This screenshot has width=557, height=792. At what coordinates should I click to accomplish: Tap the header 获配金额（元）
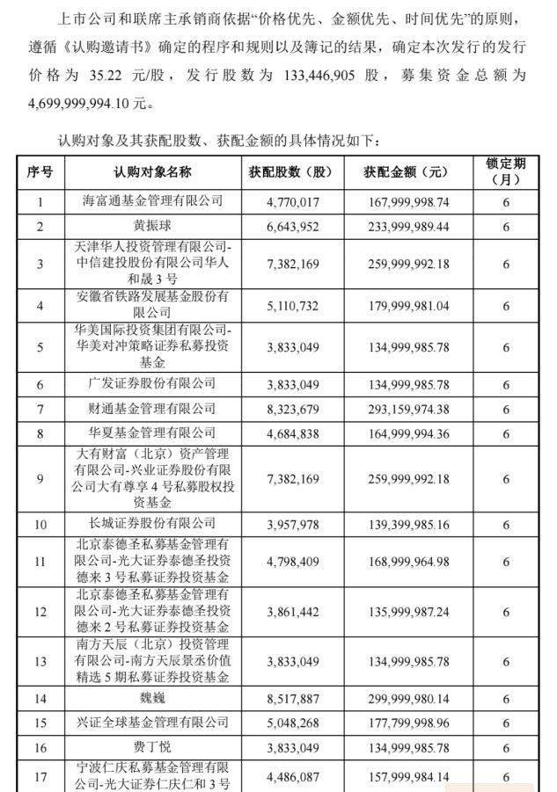[x=406, y=172]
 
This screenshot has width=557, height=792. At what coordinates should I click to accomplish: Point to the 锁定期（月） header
[x=505, y=172]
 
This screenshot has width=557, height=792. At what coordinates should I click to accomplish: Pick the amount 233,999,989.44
[x=406, y=227]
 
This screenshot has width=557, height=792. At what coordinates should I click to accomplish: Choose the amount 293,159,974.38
[x=406, y=409]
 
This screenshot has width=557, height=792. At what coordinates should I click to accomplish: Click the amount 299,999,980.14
[x=406, y=699]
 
